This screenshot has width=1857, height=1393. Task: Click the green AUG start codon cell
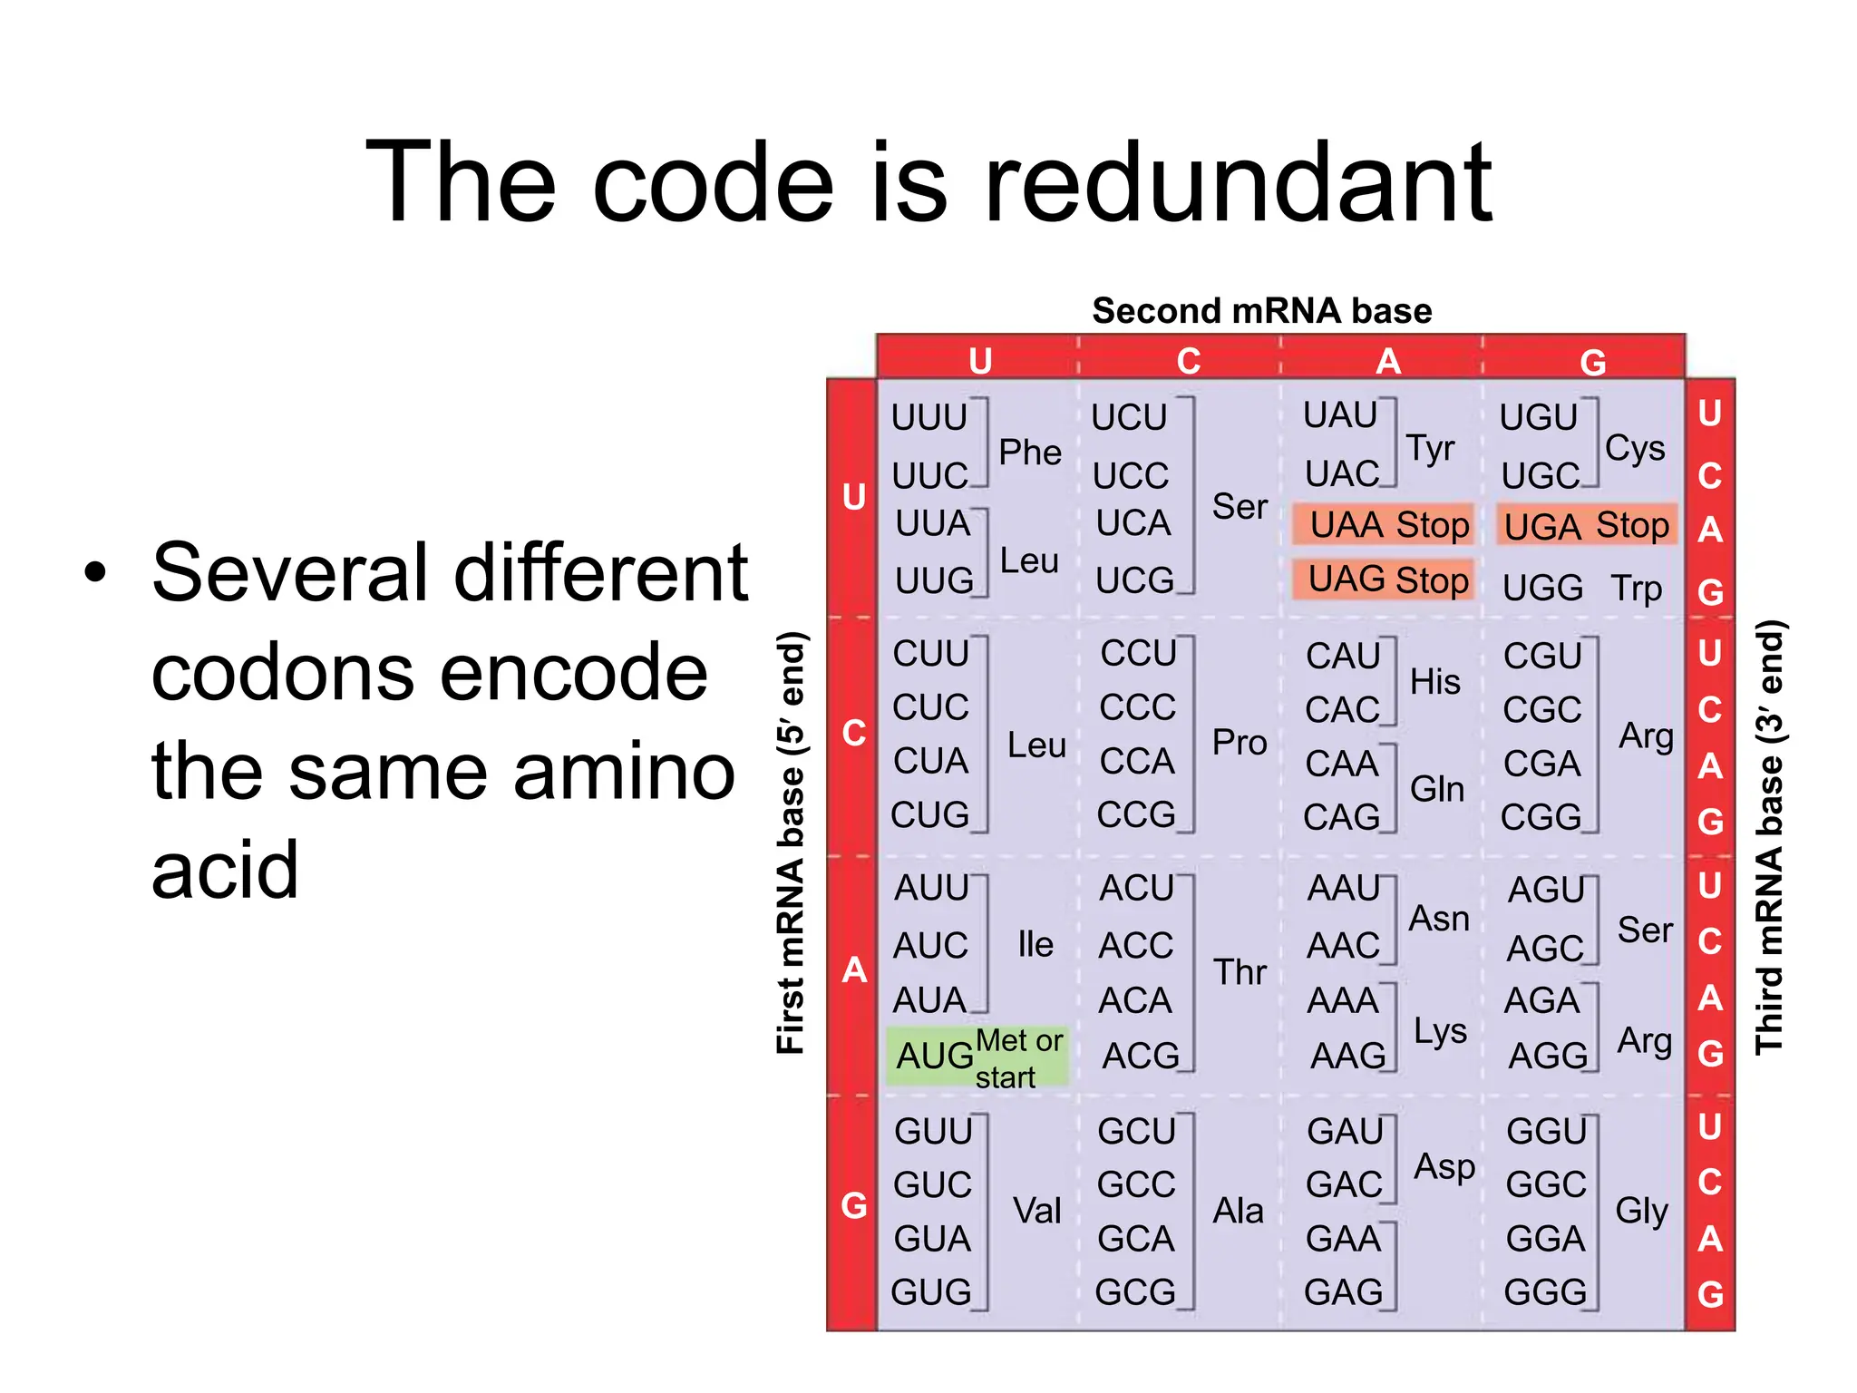977,1057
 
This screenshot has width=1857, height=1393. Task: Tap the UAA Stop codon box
1383,525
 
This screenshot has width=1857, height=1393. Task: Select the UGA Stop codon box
1587,525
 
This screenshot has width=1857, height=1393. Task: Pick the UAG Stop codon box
1383,580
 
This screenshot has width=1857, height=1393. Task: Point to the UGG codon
1542,589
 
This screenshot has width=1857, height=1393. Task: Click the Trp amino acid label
1637,589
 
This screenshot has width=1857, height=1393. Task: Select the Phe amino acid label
1030,452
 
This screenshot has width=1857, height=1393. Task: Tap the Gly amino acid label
1641,1211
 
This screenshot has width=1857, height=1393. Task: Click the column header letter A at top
1388,362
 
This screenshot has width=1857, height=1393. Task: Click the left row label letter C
853,733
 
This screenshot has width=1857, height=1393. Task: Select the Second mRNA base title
1261,311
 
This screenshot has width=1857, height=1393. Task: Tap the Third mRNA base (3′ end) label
1769,836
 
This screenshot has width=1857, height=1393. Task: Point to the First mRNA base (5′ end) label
791,843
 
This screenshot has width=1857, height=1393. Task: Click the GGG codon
1545,1292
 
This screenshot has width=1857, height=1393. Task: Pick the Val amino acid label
1036,1211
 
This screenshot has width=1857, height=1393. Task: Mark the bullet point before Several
95,573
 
